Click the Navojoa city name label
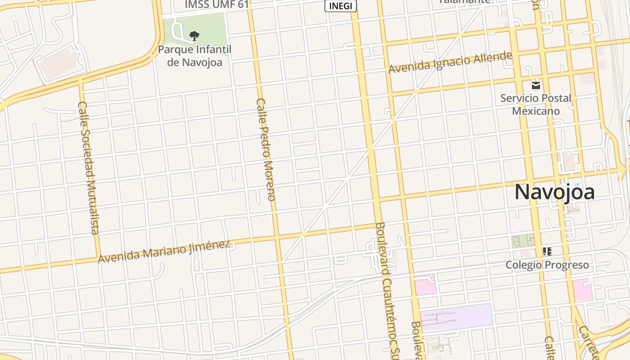pos(554,192)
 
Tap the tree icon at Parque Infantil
pos(194,36)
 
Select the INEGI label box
pos(341,6)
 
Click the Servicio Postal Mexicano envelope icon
pos(535,85)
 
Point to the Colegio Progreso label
pos(547,265)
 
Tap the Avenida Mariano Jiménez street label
pos(164,252)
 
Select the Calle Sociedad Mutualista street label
pos(88,167)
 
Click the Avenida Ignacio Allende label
pos(450,63)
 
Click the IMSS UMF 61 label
pos(217,4)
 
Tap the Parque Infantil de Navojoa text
pos(194,55)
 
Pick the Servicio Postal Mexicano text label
pos(535,104)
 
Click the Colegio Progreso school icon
pos(547,251)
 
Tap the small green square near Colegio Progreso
pos(522,241)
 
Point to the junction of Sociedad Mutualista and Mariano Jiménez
pos(98,258)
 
